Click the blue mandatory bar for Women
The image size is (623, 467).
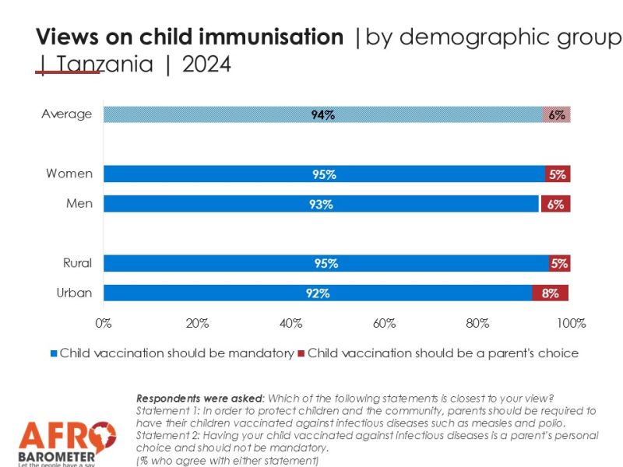(x=324, y=174)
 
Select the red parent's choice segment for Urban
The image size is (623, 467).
(x=550, y=293)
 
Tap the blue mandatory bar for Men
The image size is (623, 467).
(x=321, y=204)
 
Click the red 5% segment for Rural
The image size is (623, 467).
(x=559, y=263)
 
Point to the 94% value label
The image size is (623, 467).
(x=323, y=114)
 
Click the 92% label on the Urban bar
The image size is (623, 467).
(x=319, y=293)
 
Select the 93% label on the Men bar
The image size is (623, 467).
(x=321, y=204)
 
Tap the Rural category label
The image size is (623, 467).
(x=77, y=263)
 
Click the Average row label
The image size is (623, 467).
(x=66, y=114)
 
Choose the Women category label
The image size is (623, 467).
(x=69, y=174)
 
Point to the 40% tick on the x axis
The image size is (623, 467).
(x=290, y=323)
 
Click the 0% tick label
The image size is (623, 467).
(x=103, y=323)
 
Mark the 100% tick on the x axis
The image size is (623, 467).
(x=571, y=323)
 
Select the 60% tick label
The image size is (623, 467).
(x=384, y=323)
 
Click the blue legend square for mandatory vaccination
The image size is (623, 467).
(x=54, y=353)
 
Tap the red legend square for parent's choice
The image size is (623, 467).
(x=301, y=353)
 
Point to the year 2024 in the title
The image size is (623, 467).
(x=206, y=65)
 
